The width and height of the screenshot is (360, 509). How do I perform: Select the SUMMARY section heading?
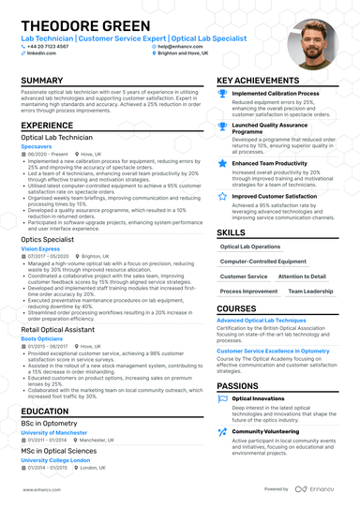pyautogui.click(x=42, y=82)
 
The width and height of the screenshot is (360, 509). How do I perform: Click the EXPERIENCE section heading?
pyautogui.click(x=48, y=125)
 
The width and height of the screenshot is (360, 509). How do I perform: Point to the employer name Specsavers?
pyautogui.click(x=38, y=146)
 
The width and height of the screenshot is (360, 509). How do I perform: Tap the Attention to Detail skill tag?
pyautogui.click(x=302, y=277)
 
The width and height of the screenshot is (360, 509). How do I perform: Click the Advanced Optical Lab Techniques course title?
pyautogui.click(x=263, y=321)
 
